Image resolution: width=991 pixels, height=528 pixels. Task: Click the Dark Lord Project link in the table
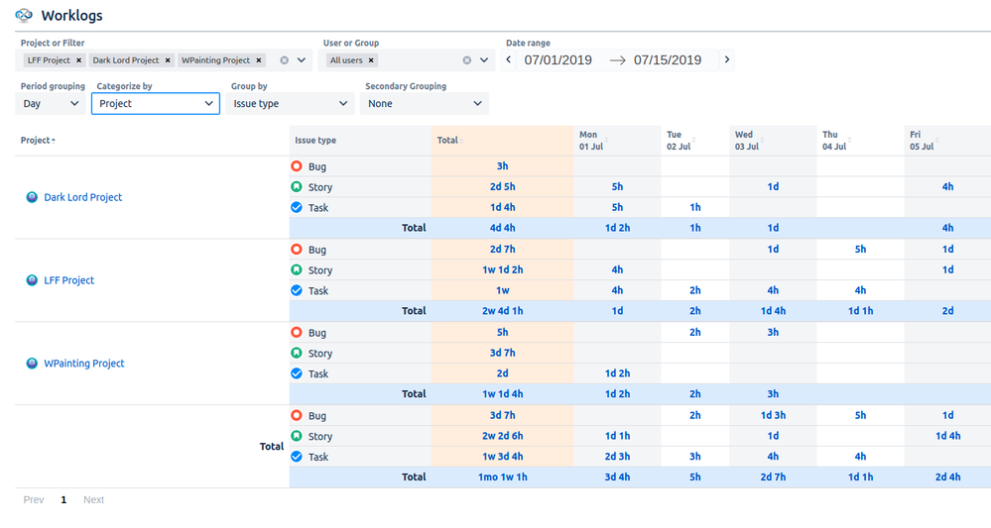click(x=82, y=197)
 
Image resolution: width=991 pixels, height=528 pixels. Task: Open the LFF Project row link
click(x=68, y=280)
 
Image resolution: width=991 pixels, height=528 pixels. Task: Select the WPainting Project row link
click(x=83, y=364)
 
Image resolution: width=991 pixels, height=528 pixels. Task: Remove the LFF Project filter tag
click(x=79, y=60)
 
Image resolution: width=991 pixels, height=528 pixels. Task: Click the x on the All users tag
click(x=372, y=60)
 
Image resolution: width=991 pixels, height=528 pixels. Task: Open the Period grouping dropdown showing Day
click(x=52, y=103)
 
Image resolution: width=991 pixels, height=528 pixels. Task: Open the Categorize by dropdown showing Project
click(x=155, y=103)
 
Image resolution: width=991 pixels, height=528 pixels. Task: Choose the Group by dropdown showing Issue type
click(x=290, y=103)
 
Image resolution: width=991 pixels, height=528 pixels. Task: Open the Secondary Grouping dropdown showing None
click(x=424, y=103)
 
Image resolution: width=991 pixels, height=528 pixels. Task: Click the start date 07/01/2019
click(x=558, y=60)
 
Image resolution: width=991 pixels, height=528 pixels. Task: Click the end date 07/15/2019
click(x=668, y=60)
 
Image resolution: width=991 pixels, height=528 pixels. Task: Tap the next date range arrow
click(x=727, y=59)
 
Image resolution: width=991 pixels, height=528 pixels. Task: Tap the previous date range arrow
click(x=510, y=59)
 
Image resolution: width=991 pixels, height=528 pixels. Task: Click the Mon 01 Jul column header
click(x=589, y=141)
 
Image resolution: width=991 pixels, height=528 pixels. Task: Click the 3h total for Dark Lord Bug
click(x=502, y=166)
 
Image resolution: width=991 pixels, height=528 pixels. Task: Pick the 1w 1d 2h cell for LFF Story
click(x=502, y=270)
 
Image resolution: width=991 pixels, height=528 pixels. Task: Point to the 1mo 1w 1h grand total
click(x=502, y=477)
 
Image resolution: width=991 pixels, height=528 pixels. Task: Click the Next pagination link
click(x=93, y=500)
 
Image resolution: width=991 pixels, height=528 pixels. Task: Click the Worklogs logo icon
click(x=24, y=16)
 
